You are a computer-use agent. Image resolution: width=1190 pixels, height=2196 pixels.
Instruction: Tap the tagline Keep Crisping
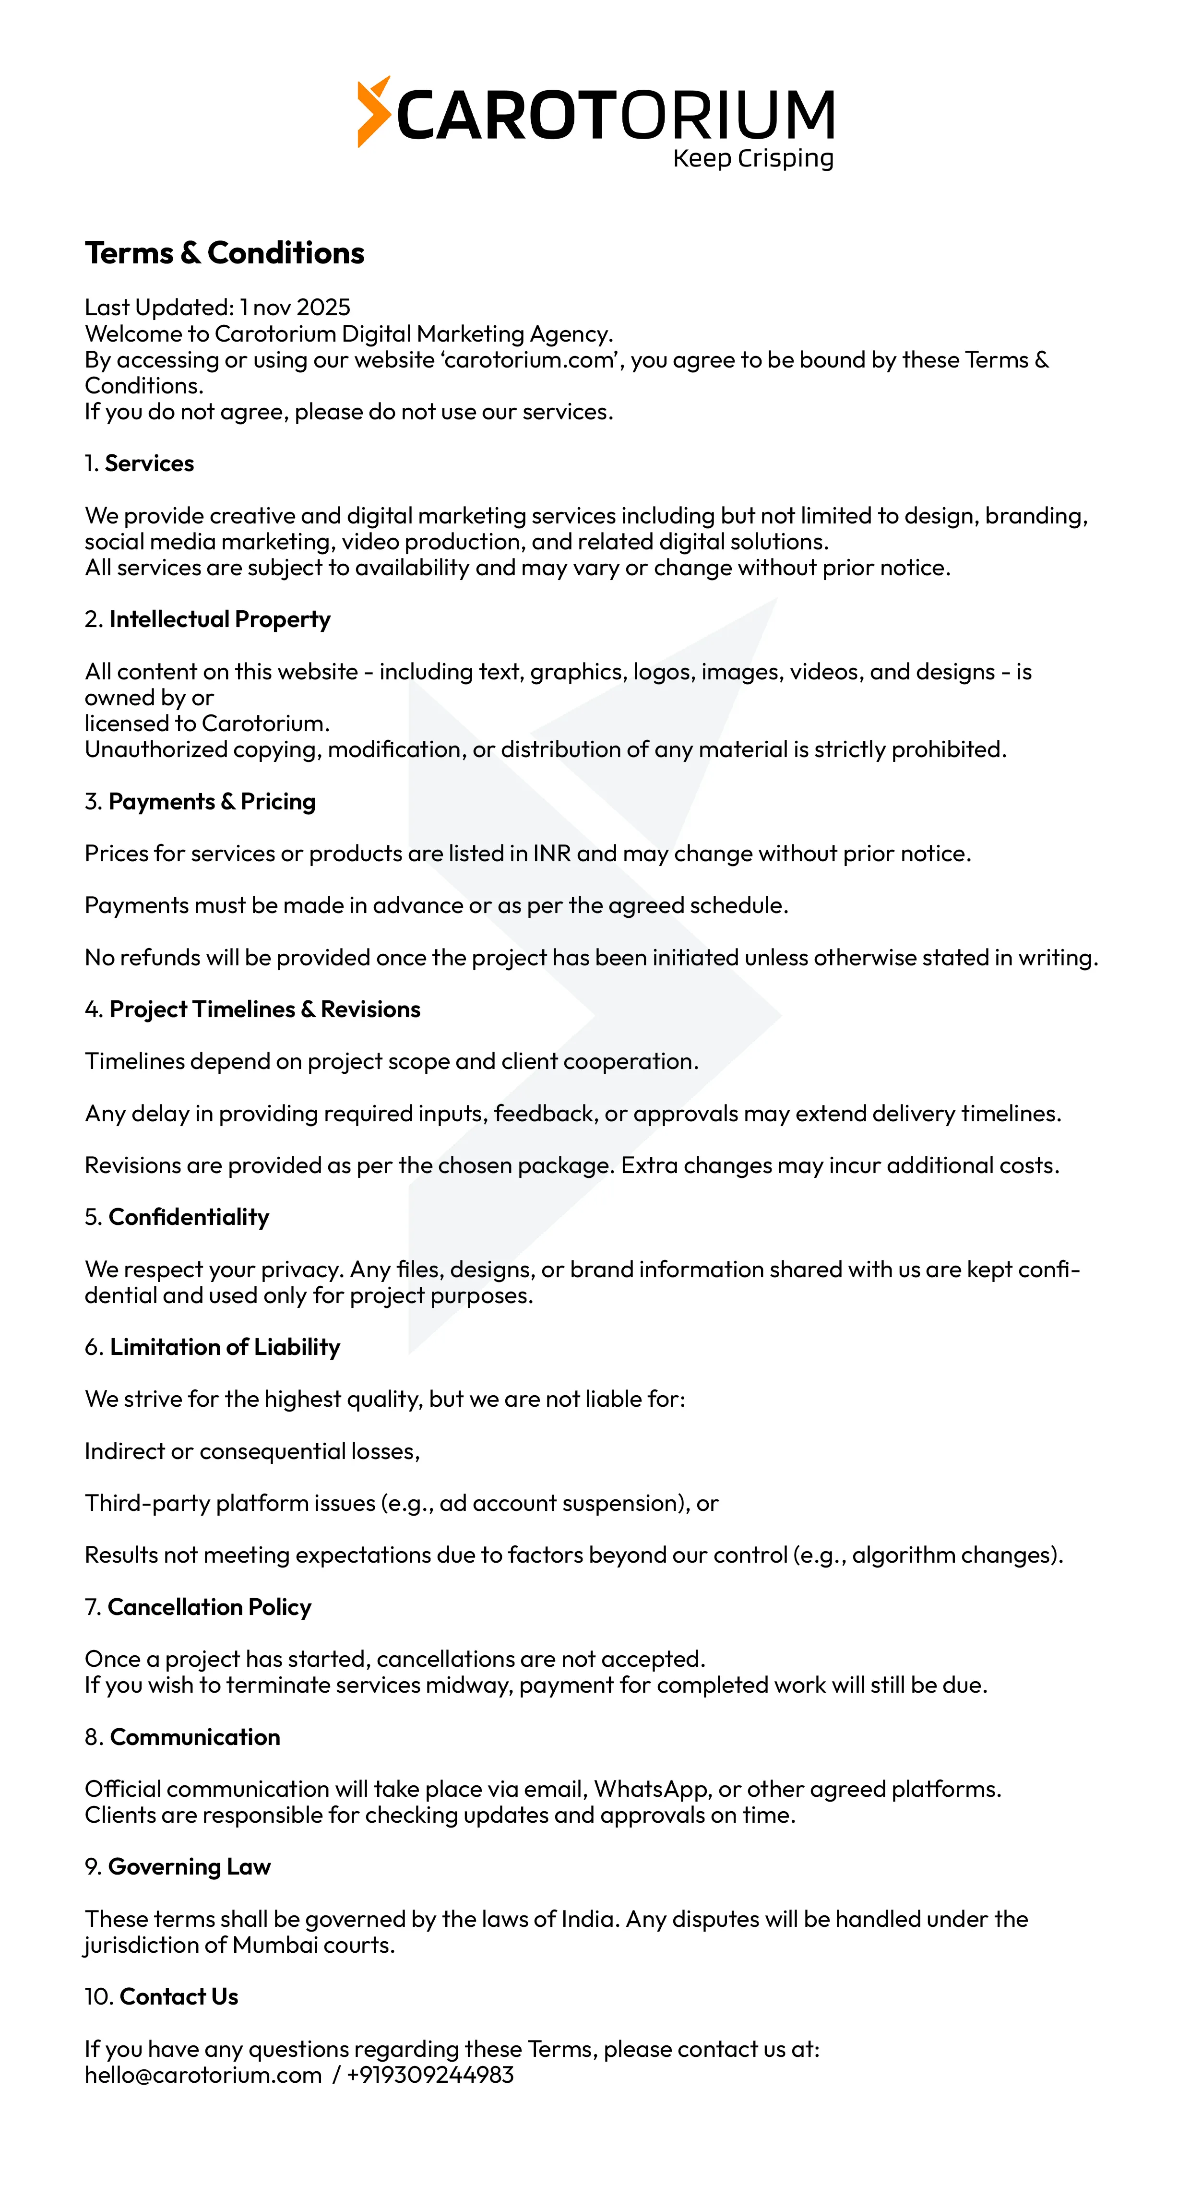tap(753, 158)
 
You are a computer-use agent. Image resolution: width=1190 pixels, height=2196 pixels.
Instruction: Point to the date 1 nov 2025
tap(295, 307)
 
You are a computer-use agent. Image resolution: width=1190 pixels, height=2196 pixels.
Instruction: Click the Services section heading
tap(149, 464)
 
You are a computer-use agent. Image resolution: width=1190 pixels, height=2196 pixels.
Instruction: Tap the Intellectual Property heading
tap(219, 620)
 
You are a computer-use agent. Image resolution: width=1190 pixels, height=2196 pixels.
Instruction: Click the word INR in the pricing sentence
tap(551, 854)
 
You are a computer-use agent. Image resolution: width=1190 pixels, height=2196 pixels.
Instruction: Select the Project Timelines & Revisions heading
tap(264, 1009)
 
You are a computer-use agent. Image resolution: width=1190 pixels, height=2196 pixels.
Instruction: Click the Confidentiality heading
tap(189, 1217)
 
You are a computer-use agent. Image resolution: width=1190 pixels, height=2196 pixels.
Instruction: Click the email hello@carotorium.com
tap(203, 2075)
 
